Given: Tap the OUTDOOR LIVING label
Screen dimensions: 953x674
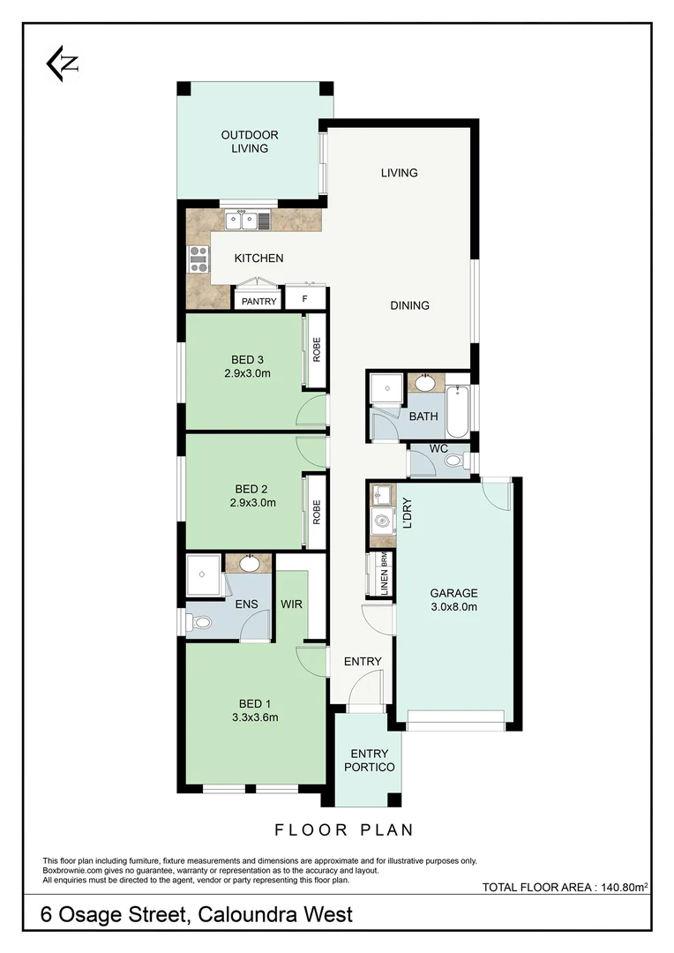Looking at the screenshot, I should (250, 141).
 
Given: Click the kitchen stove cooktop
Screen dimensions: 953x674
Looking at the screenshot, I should (198, 258).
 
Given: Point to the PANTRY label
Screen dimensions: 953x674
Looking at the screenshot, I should (259, 301).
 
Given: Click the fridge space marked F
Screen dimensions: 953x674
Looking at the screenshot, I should (305, 299).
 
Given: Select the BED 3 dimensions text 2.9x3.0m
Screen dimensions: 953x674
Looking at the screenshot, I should (249, 373).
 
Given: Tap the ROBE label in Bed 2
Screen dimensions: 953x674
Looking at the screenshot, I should (316, 512).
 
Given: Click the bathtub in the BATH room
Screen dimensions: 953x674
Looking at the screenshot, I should (457, 412).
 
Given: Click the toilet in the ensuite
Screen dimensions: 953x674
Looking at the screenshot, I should (202, 622).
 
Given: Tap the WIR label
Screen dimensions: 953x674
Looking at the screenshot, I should (292, 604).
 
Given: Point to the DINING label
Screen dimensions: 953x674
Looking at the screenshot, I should (410, 305).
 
